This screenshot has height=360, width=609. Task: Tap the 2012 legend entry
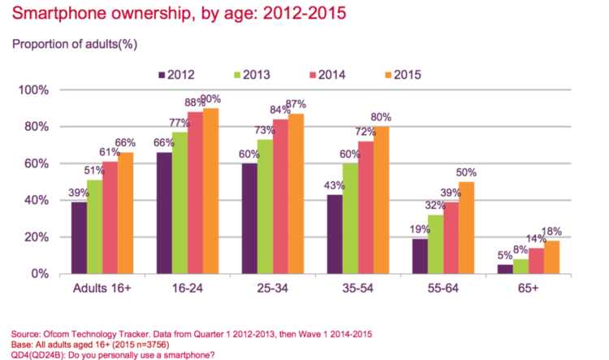click(x=171, y=76)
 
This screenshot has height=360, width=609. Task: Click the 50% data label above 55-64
click(x=466, y=173)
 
